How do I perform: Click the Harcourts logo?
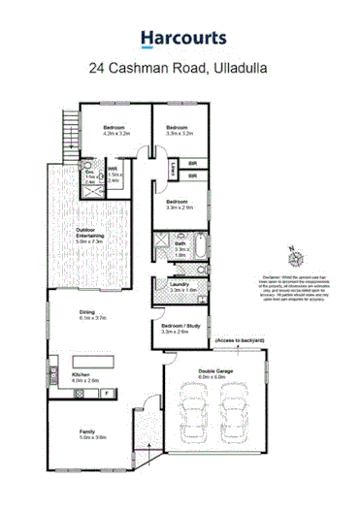(x=182, y=38)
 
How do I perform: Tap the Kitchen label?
(x=85, y=376)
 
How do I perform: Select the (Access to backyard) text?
(x=239, y=342)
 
